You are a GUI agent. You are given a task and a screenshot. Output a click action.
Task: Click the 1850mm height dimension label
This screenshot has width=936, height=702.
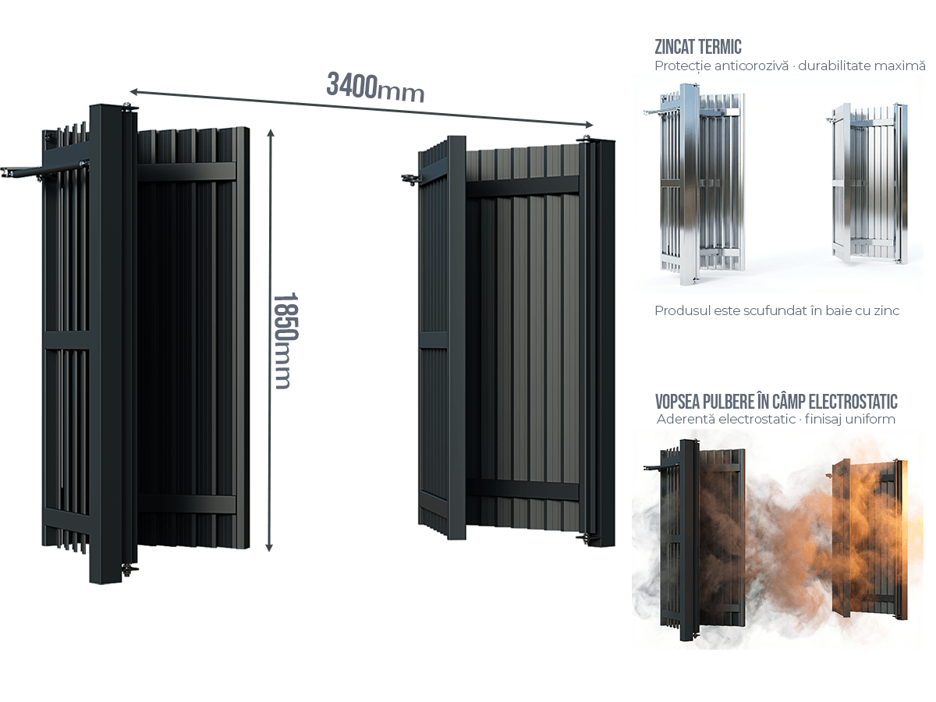tap(282, 341)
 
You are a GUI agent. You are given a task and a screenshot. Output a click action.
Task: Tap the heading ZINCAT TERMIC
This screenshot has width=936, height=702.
tap(698, 47)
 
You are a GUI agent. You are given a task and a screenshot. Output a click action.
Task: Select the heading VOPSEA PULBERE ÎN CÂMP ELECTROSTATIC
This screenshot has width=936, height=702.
tap(777, 402)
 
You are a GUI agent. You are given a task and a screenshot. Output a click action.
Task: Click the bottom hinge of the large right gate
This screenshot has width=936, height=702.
tap(584, 537)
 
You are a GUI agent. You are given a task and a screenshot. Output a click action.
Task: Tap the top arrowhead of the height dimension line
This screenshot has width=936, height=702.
tap(270, 132)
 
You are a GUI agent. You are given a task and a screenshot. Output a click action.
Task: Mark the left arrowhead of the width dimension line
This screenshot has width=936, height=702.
tap(134, 92)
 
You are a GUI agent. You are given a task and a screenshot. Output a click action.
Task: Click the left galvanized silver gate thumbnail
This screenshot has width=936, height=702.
tap(700, 183)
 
